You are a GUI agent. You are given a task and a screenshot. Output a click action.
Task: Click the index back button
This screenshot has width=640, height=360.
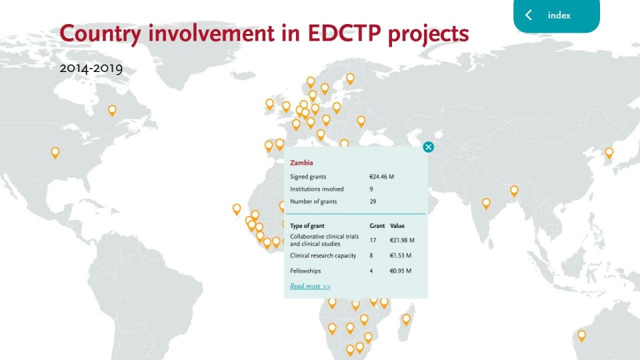click(x=556, y=15)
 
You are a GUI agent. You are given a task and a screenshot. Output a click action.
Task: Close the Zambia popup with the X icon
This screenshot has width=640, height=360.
click(x=428, y=147)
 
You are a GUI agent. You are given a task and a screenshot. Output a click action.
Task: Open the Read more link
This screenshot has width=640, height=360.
click(x=310, y=286)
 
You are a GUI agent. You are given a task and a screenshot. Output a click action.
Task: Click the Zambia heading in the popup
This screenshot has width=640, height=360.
click(x=301, y=163)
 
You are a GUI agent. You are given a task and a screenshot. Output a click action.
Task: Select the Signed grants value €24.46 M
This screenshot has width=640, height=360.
click(x=381, y=177)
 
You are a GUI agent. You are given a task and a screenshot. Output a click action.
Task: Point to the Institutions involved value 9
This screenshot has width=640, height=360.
click(x=371, y=189)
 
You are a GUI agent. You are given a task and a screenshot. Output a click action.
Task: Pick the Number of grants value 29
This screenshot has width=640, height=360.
click(x=373, y=201)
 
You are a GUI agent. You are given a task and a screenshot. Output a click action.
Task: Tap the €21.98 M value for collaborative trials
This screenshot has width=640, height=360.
click(x=402, y=240)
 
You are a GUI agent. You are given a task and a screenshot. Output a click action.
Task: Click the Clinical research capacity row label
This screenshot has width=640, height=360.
click(x=323, y=255)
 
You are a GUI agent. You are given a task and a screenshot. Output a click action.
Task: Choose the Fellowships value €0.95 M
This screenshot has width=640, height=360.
click(x=401, y=271)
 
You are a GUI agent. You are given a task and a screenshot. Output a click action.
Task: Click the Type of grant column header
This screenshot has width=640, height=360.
click(x=307, y=226)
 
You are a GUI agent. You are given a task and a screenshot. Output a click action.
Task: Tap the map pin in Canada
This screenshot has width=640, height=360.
click(x=112, y=110)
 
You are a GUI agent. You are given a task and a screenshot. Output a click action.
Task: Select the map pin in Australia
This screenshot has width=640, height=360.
click(x=581, y=335)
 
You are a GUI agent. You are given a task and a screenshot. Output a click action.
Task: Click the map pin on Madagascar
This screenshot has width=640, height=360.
click(x=406, y=319)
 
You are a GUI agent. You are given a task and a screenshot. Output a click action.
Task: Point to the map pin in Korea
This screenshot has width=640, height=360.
click(x=609, y=153)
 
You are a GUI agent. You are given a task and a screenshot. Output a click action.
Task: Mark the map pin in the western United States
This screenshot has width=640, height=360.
click(x=55, y=153)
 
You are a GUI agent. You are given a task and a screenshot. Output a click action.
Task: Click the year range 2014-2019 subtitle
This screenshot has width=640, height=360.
click(x=91, y=68)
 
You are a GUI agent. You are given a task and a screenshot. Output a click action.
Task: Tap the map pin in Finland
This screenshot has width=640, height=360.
click(x=350, y=79)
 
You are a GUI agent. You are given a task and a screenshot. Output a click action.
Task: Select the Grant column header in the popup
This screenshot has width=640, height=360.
click(x=377, y=226)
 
